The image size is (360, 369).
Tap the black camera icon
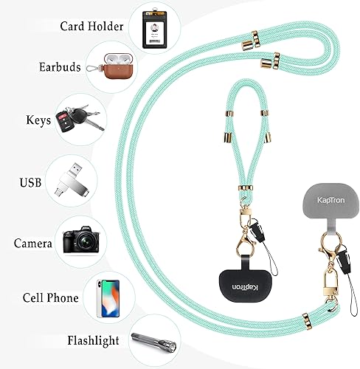point(79,241)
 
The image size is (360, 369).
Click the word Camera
point(32,243)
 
